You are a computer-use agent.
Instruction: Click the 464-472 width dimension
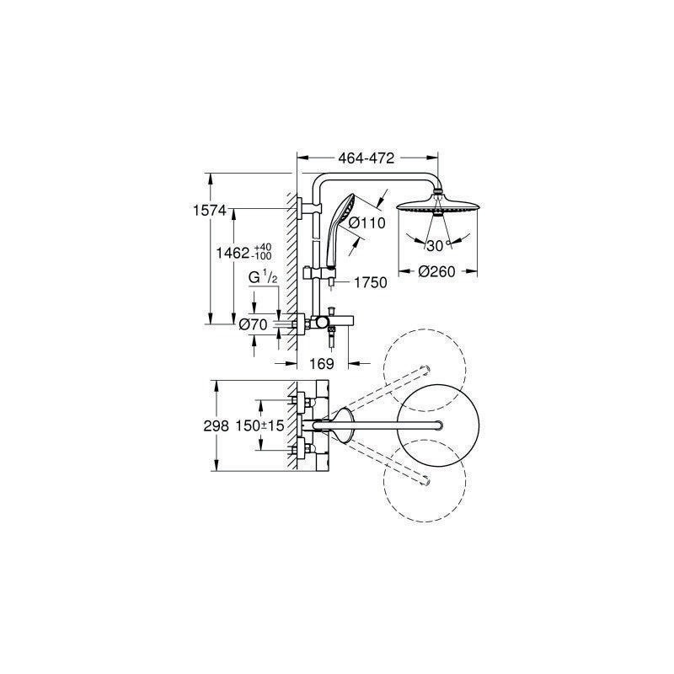(366, 158)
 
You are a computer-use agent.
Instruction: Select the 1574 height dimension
(209, 211)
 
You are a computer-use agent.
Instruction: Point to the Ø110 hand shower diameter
(367, 222)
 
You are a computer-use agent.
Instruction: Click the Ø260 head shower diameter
(436, 271)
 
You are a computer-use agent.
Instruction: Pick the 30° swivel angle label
(437, 245)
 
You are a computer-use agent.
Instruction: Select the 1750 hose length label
(371, 282)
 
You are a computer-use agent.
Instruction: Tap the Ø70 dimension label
(254, 324)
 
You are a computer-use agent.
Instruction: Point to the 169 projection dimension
(322, 364)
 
